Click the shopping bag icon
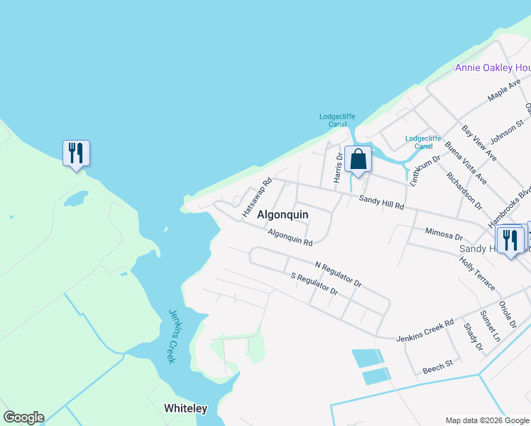[358, 159]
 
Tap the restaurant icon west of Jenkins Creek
[76, 153]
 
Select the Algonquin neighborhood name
[283, 214]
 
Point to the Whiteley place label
[185, 408]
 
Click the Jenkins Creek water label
[172, 336]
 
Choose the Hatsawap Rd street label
[257, 197]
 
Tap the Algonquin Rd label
[290, 238]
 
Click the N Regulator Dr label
[338, 274]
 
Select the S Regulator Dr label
[314, 284]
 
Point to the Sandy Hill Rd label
[381, 202]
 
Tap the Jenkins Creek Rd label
[425, 329]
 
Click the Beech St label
[437, 366]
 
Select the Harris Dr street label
[339, 168]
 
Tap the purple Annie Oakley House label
[493, 68]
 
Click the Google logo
[23, 417]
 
